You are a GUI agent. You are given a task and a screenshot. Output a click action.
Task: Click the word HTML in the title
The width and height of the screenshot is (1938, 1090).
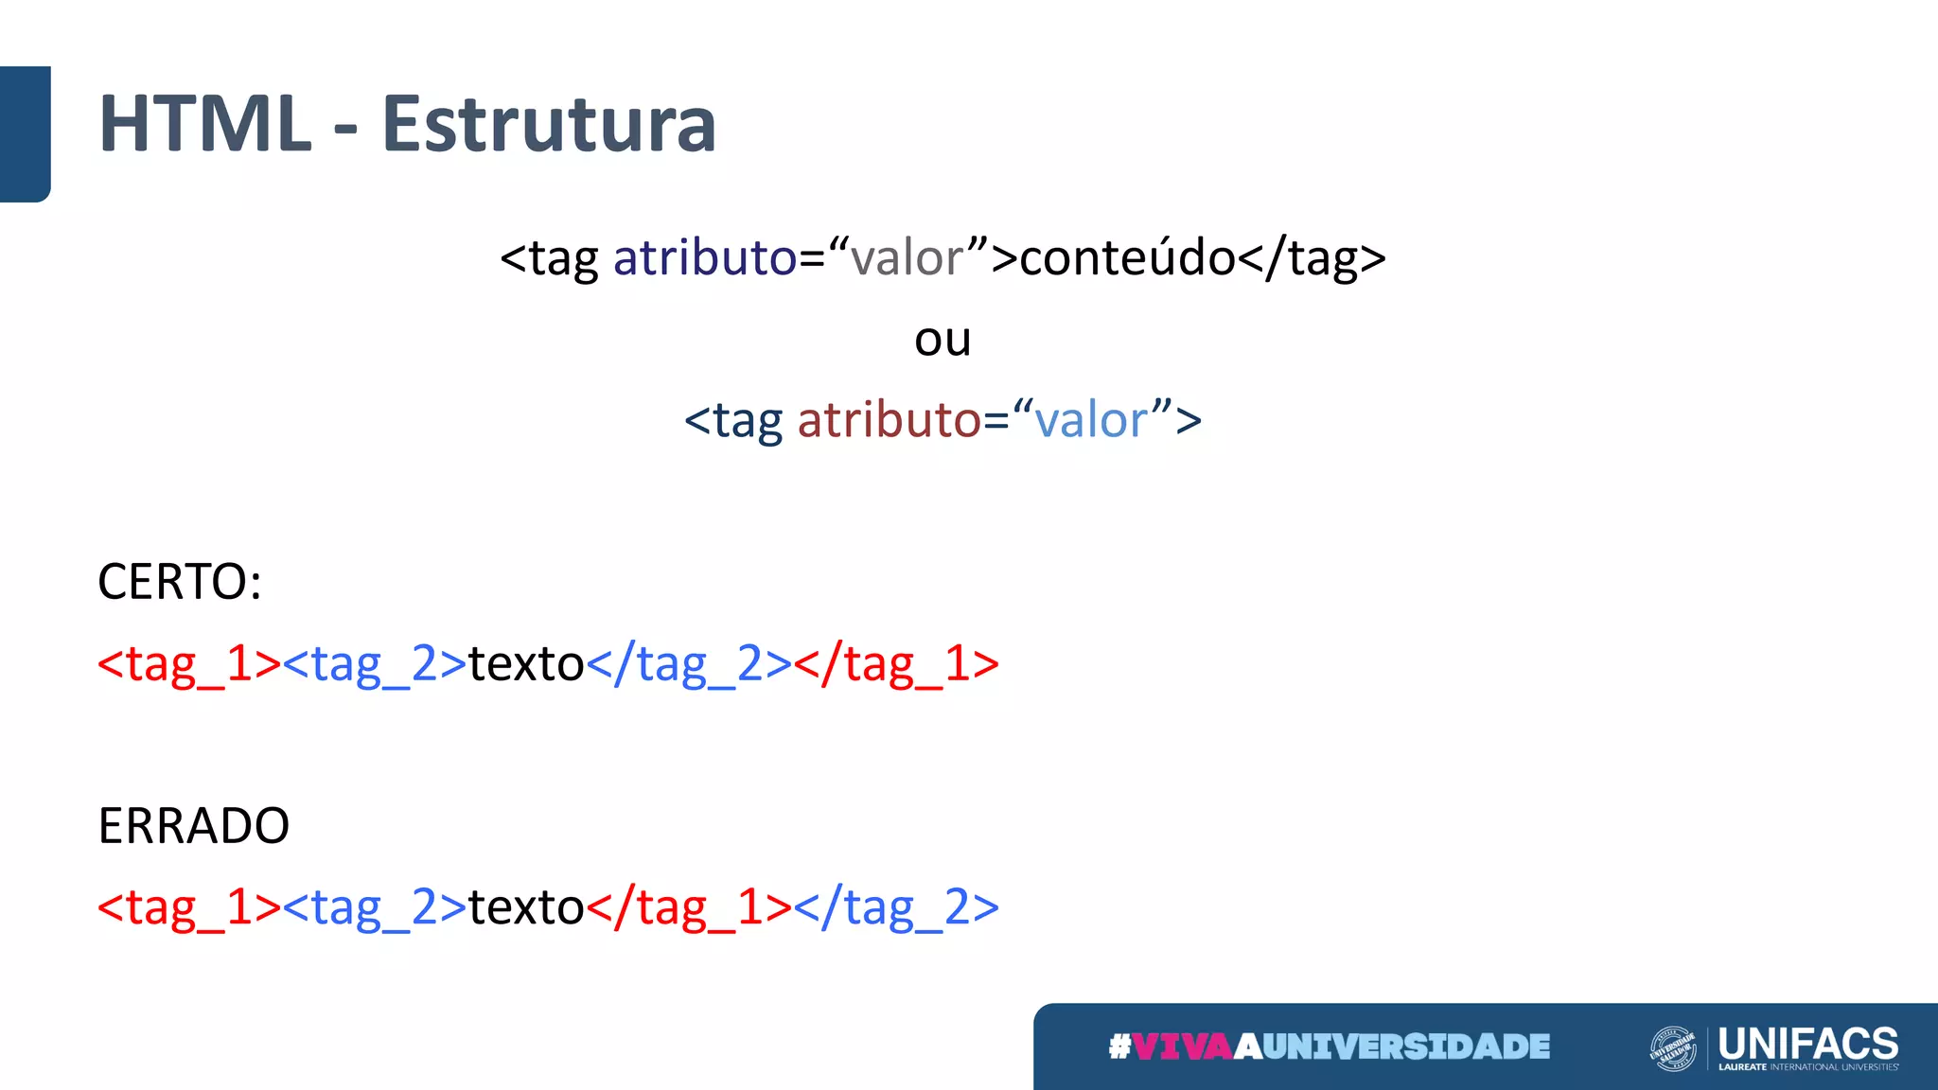tap(204, 124)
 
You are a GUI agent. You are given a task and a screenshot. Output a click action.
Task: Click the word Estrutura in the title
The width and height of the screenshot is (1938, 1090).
tap(549, 124)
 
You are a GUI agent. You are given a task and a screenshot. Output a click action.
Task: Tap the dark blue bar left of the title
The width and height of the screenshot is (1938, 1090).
tap(25, 133)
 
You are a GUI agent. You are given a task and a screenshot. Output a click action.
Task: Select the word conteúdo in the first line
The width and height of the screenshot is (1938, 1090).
tap(1127, 257)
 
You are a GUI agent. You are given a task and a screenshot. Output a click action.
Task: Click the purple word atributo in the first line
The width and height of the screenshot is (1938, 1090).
tap(705, 257)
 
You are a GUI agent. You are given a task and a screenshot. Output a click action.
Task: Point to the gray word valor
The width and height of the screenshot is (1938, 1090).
tap(907, 257)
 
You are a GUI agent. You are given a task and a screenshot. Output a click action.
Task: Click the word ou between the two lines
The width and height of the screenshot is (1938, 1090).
tap(943, 339)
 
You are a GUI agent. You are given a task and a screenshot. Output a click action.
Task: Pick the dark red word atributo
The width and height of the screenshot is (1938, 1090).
tap(890, 420)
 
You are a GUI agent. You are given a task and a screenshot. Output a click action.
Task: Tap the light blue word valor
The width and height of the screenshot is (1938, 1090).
tap(1091, 420)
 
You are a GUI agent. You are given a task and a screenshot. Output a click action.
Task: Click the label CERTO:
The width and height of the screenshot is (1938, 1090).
tap(180, 581)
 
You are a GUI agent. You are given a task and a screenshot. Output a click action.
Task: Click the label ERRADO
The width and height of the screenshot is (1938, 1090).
tap(194, 825)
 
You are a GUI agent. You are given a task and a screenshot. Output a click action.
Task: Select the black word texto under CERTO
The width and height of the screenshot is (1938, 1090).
tap(526, 663)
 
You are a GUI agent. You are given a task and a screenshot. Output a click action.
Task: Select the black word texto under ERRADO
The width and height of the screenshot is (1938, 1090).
tap(526, 907)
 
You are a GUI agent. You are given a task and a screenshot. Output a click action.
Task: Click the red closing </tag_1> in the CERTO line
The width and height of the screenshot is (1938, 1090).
tap(896, 663)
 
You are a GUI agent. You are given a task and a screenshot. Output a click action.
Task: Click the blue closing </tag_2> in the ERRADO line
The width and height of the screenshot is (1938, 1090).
tap(896, 907)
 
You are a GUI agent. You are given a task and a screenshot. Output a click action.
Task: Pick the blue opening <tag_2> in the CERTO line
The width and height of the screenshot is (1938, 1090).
tap(375, 663)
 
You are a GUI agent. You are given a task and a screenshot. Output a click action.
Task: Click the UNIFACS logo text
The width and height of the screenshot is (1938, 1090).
tap(1807, 1044)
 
